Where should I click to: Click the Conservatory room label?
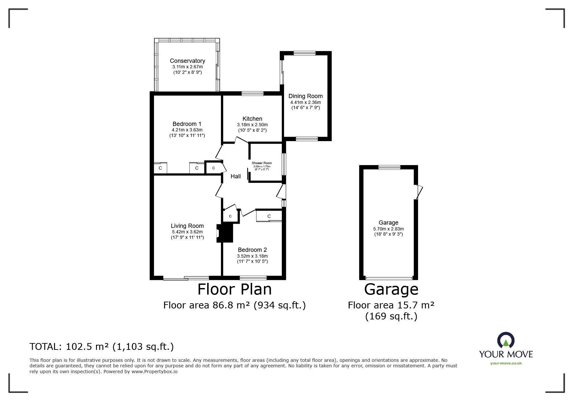pos(187,61)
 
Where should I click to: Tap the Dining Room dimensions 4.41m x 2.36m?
pos(305,102)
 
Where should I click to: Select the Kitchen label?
pos(252,119)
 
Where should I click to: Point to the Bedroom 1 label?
pos(187,124)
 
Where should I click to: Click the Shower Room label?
pos(262,163)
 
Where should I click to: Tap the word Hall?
pos(236,176)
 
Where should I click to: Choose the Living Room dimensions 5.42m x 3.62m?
pos(187,232)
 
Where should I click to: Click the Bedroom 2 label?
pos(252,250)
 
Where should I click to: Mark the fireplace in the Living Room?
pos(225,233)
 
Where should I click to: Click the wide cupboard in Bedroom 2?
pos(269,216)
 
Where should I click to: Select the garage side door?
pos(419,192)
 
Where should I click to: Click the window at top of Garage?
pos(390,167)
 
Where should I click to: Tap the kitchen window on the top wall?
pos(252,94)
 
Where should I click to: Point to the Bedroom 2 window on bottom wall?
pos(253,278)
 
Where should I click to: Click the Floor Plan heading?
pos(234,289)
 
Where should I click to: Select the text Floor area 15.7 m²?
pos(391,305)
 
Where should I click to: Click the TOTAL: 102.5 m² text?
pos(102,347)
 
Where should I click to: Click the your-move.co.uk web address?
pos(506,363)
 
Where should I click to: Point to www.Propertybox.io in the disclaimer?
pos(154,372)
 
